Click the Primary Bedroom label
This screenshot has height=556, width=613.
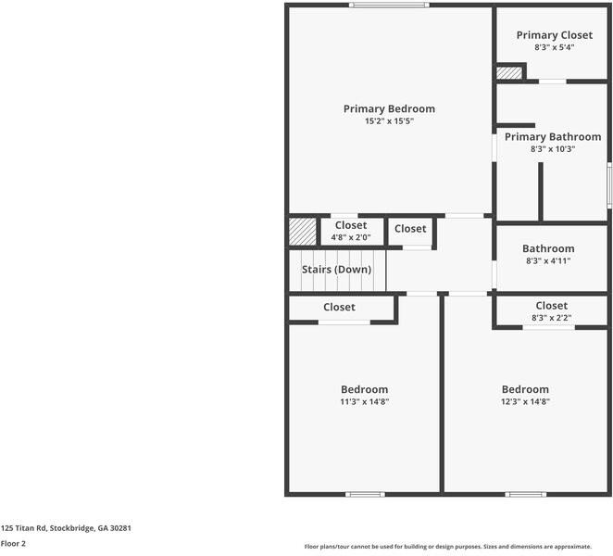click(389, 108)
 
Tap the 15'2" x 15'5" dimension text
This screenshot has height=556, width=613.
click(389, 121)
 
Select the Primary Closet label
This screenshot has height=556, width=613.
click(554, 35)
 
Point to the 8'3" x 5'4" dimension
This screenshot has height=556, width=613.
click(554, 47)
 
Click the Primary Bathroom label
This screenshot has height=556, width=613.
click(552, 136)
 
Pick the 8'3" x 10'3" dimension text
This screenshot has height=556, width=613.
click(552, 148)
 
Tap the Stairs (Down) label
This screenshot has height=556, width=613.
click(336, 270)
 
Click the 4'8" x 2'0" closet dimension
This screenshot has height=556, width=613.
click(351, 237)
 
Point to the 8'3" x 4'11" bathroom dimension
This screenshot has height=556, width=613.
click(548, 261)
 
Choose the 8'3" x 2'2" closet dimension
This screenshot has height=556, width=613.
click(551, 318)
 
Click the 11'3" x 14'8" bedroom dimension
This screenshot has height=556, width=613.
click(364, 402)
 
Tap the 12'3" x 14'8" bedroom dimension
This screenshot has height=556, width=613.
click(525, 402)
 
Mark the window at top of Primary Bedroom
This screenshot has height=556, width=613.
click(389, 6)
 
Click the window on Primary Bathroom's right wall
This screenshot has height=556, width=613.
click(608, 184)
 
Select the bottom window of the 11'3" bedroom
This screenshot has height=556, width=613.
click(365, 494)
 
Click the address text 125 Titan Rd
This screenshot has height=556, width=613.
click(66, 527)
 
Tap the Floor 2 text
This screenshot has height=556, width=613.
click(13, 544)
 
